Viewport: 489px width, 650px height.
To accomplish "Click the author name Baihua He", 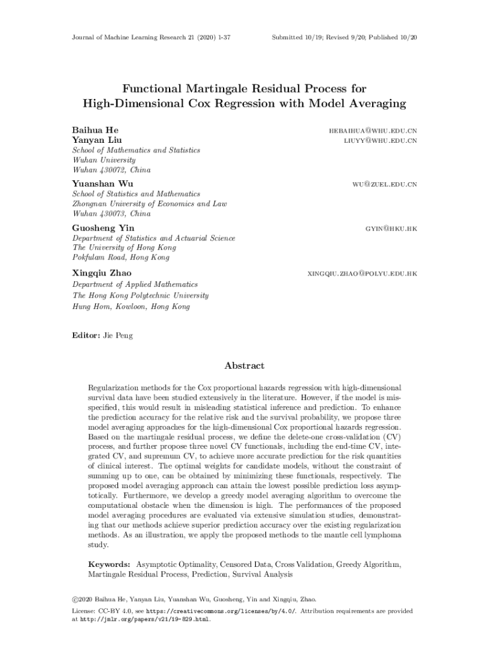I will pyautogui.click(x=95, y=130).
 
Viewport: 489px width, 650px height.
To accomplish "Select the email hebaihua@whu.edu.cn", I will pyautogui.click(x=373, y=130).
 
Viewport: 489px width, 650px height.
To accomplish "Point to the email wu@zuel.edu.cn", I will pyautogui.click(x=385, y=184).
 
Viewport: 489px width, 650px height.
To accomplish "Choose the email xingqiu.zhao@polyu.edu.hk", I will pyautogui.click(x=362, y=273).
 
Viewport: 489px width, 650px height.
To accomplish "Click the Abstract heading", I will pyautogui.click(x=245, y=366).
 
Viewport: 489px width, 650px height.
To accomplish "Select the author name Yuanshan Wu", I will pyautogui.click(x=103, y=184).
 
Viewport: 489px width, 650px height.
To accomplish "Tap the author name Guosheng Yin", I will pyautogui.click(x=104, y=227).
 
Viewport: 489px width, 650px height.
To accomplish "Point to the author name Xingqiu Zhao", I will pyautogui.click(x=102, y=273).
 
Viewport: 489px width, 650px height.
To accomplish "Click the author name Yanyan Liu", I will pyautogui.click(x=98, y=140).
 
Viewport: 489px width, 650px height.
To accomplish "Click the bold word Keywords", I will pyautogui.click(x=109, y=564).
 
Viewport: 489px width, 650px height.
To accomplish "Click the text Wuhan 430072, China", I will pyautogui.click(x=112, y=170).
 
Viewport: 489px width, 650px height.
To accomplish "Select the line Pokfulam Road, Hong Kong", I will pyautogui.click(x=121, y=257).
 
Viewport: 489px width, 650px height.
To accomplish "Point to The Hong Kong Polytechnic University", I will pyautogui.click(x=140, y=295).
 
